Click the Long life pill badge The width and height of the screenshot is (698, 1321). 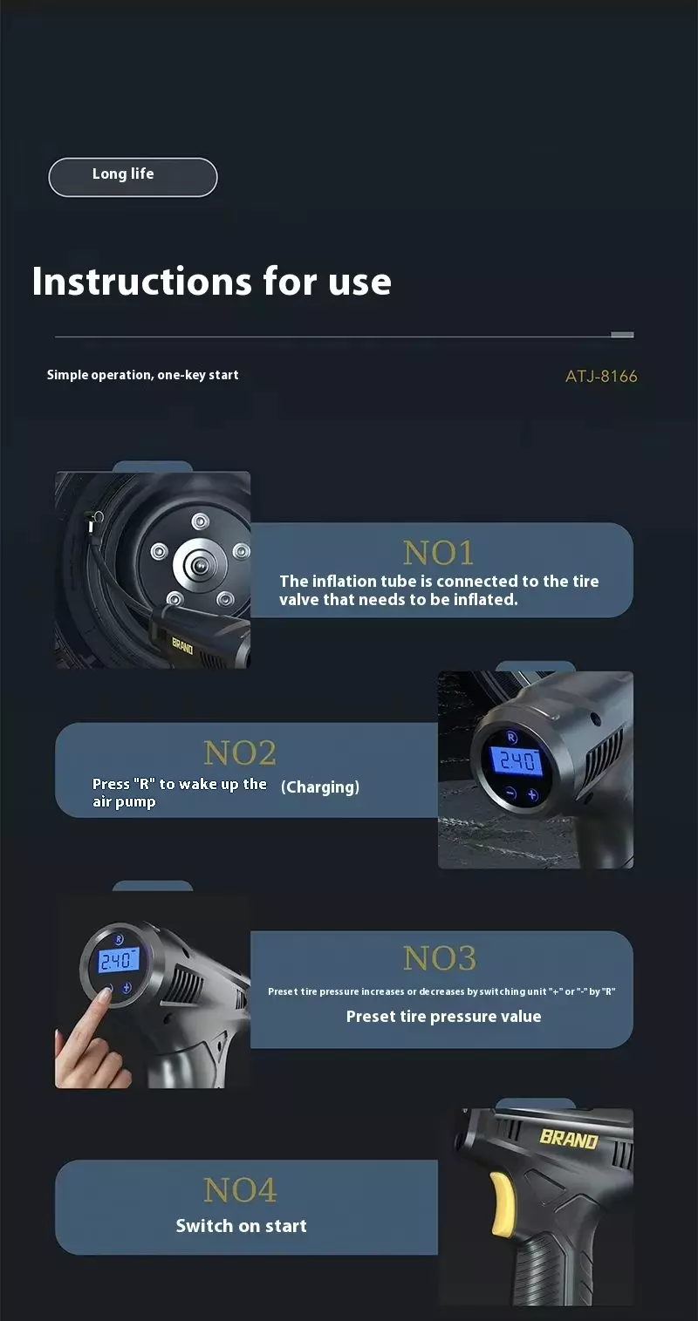(133, 177)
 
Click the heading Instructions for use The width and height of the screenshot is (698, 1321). (212, 281)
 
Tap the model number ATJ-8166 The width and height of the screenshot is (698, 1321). (601, 377)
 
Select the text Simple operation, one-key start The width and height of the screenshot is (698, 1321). (143, 375)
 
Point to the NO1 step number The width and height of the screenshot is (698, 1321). (438, 553)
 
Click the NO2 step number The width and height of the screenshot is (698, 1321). (240, 752)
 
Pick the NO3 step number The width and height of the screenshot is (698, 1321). (440, 957)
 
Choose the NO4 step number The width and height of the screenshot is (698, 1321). (240, 1189)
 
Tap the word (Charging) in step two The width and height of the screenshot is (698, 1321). (320, 787)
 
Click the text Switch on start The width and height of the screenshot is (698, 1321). (242, 1225)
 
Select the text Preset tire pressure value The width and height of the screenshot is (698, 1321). (444, 1016)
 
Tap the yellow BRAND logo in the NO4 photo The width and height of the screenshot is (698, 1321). (569, 1138)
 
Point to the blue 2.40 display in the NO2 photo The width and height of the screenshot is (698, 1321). (517, 760)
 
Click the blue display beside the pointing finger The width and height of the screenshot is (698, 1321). (119, 961)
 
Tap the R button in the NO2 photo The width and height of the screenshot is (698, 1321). (511, 737)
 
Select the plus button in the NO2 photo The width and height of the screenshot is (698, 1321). (532, 795)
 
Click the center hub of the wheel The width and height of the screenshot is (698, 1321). (200, 565)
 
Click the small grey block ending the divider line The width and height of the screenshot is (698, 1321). (622, 335)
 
